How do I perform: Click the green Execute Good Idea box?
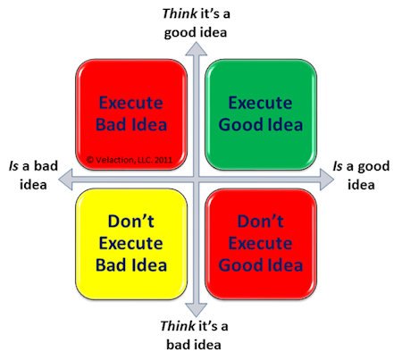[x=261, y=114]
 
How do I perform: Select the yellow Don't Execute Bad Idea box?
[x=131, y=244]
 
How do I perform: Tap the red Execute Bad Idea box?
[x=131, y=114]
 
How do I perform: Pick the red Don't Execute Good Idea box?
[x=261, y=244]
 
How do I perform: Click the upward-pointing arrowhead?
[x=197, y=49]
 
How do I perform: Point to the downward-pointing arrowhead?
[x=197, y=310]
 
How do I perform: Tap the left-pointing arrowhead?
[x=65, y=180]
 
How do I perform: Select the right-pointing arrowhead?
[x=327, y=180]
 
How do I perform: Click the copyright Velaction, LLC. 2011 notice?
[x=130, y=160]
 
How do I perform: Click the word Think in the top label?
[x=180, y=13]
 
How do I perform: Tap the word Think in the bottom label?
[x=178, y=326]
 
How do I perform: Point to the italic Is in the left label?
[x=13, y=166]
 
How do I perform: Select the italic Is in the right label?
[x=338, y=166]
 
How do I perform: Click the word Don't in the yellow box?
[x=131, y=222]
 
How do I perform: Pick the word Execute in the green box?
[x=260, y=103]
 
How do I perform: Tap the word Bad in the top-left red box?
[x=111, y=124]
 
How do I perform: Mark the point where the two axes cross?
[x=197, y=180]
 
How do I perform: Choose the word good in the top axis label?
[x=179, y=33]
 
